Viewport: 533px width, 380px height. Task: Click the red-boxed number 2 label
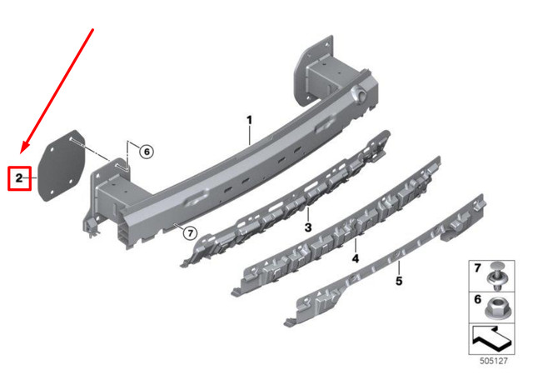(19, 177)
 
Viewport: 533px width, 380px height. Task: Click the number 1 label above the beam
(249, 121)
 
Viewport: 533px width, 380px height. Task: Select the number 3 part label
(307, 227)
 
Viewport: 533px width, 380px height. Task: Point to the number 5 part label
(398, 282)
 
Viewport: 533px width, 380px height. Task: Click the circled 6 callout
(146, 152)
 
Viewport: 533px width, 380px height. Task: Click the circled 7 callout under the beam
(189, 233)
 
